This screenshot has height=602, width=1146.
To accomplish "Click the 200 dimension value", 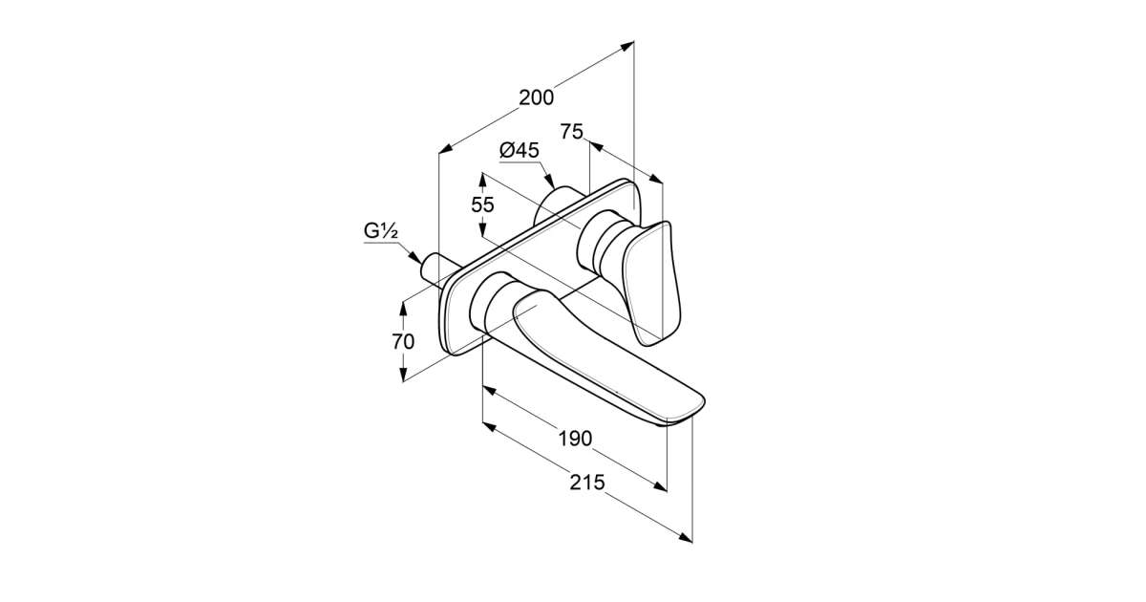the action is [x=536, y=97].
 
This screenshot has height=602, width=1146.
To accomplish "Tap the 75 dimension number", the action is [x=571, y=132].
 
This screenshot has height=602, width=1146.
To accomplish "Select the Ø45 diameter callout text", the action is [x=520, y=150].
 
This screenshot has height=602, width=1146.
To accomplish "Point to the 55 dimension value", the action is [x=482, y=204].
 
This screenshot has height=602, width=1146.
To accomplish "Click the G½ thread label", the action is [x=381, y=231].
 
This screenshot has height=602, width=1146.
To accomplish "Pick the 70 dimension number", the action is [x=403, y=341].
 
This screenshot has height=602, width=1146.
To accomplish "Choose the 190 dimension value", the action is [x=575, y=439].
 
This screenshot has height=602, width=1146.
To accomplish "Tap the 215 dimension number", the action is [x=587, y=483].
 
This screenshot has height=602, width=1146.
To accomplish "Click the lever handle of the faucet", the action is [x=652, y=283].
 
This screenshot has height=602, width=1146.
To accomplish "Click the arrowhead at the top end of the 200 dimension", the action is [x=627, y=46].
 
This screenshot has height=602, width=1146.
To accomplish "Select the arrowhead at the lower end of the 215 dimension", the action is [x=686, y=537].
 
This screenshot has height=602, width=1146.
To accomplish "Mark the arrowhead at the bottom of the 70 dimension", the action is [x=403, y=375].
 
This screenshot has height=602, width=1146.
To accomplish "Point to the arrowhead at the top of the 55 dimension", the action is [x=482, y=180].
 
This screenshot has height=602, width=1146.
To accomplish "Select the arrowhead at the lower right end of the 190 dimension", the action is [x=661, y=487].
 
